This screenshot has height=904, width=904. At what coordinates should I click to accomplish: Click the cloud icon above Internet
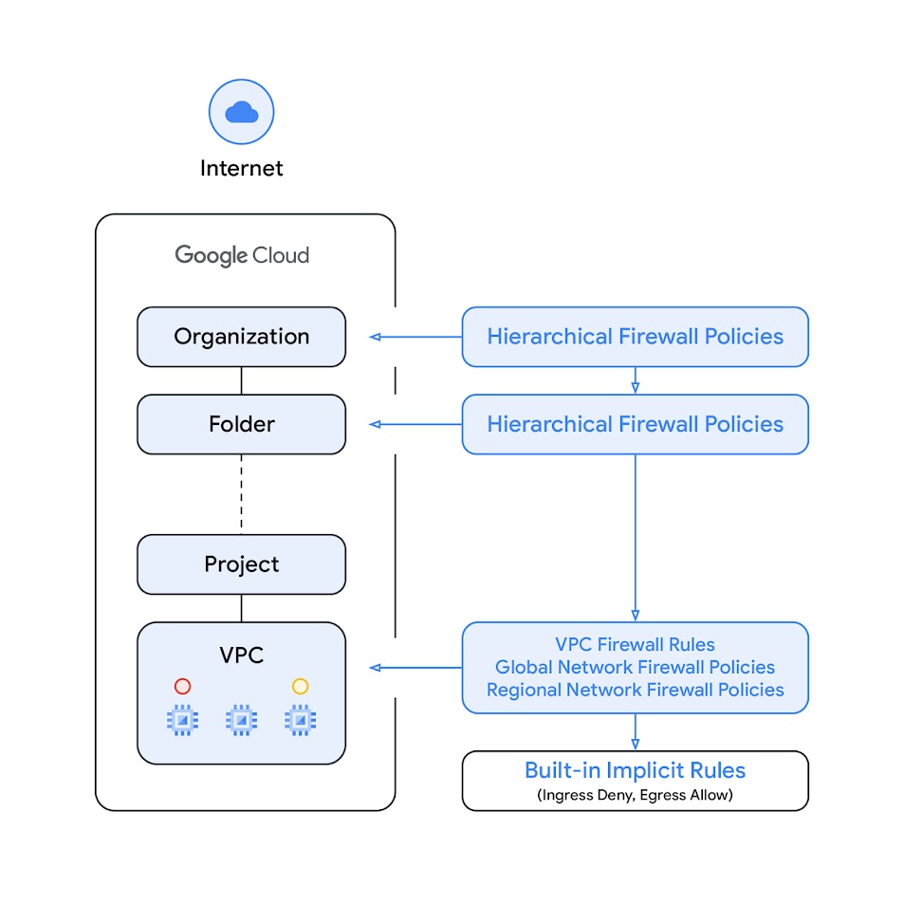click(241, 112)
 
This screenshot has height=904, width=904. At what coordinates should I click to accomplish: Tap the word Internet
click(241, 169)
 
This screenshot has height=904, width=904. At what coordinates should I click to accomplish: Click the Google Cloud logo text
click(242, 254)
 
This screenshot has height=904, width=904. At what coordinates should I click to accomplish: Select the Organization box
click(241, 337)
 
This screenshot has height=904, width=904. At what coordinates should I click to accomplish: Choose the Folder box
click(241, 424)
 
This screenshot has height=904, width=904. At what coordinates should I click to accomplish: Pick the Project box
click(241, 564)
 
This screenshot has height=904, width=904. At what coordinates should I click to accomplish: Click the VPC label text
click(241, 655)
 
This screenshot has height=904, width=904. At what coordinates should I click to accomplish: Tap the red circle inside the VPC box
click(183, 686)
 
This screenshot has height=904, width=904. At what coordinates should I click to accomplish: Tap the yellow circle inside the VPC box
click(300, 686)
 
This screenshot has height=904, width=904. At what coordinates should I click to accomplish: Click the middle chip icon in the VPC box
click(241, 721)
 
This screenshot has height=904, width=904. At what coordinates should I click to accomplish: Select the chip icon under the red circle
click(182, 721)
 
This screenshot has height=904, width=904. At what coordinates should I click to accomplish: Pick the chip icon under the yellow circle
click(300, 721)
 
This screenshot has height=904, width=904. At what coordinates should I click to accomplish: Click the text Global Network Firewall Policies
click(635, 668)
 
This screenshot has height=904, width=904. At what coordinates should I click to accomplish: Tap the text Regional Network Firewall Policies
click(635, 690)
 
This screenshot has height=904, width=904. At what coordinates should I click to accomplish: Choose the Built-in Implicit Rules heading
click(635, 770)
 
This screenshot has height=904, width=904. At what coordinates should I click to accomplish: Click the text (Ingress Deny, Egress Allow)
click(635, 795)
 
